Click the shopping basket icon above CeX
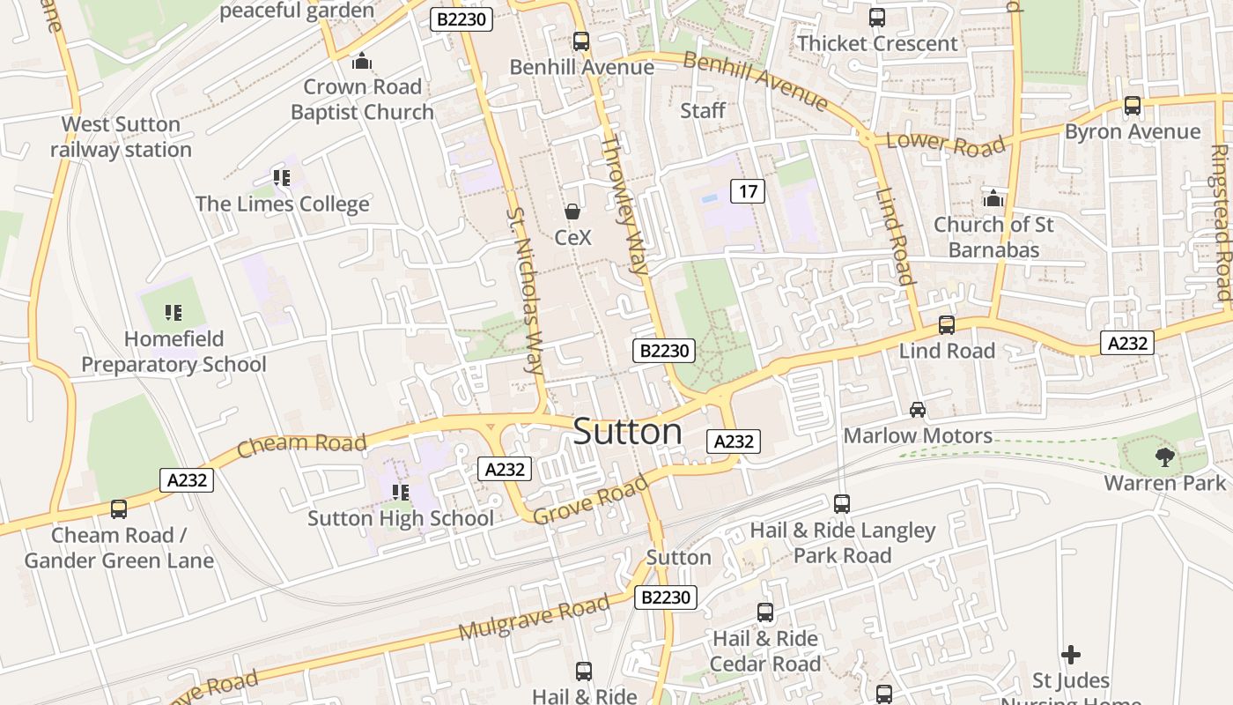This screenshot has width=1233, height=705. coord(572,211)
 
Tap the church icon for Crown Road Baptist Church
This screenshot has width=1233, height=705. coord(361,61)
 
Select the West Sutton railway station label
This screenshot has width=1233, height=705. coord(121,137)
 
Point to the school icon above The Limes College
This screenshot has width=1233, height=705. coord(282,178)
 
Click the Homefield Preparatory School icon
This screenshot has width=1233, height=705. coord(174,312)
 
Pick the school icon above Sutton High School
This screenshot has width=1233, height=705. coord(401,492)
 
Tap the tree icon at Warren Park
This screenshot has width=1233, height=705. coord(1165,456)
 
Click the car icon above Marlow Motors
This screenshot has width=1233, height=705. coord(918,409)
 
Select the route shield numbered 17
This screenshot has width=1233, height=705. coord(748,191)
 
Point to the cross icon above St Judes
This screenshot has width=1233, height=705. coord(1071,654)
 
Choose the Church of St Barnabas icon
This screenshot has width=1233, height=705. coord(993,197)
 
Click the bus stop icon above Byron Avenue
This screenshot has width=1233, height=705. coord(1133,106)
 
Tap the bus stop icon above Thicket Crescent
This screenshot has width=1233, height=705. coord(877,17)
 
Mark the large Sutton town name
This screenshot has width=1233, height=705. coord(627,432)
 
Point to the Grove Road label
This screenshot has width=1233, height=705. coord(592,499)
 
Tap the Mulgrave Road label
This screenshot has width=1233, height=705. coord(534,617)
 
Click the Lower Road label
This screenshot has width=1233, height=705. coord(945,145)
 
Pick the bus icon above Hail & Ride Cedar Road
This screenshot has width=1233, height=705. coord(765,612)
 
